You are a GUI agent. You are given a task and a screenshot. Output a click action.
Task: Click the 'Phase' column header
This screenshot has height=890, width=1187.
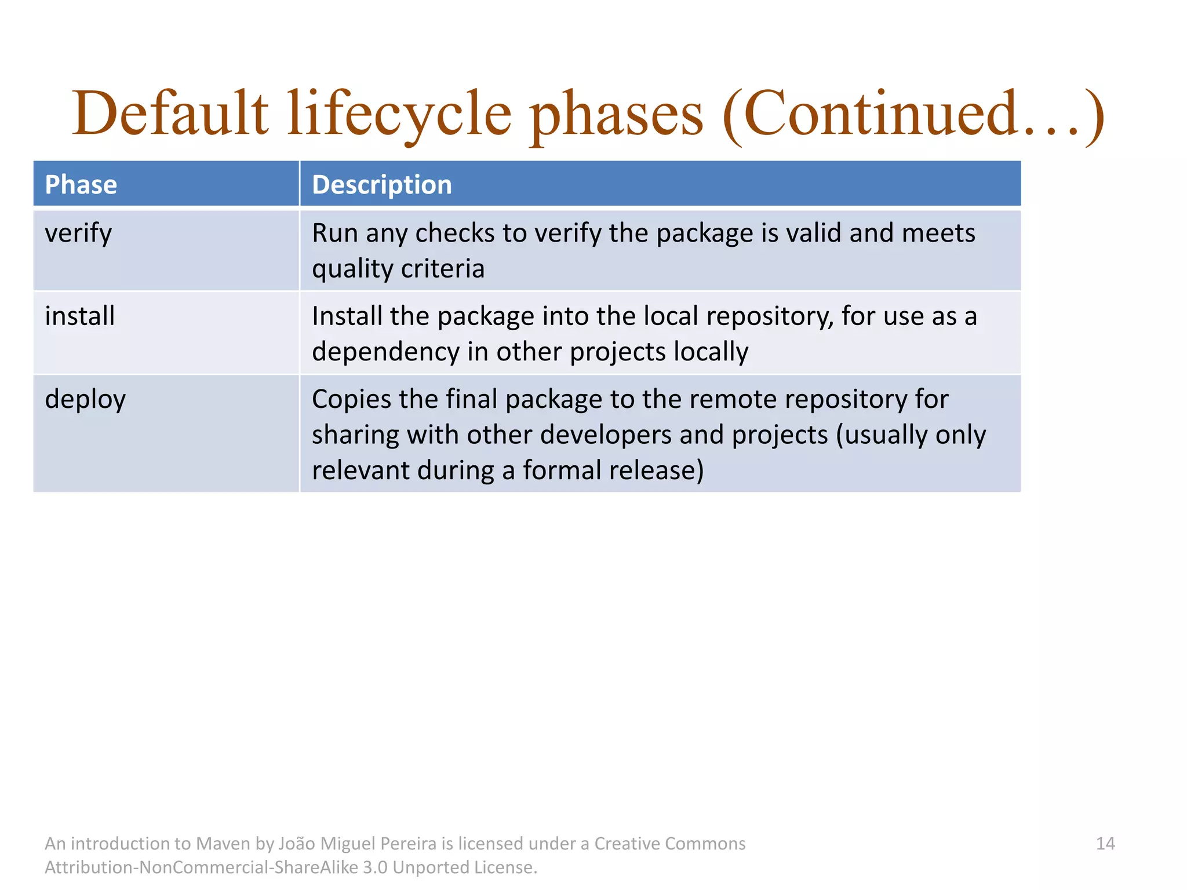tap(81, 185)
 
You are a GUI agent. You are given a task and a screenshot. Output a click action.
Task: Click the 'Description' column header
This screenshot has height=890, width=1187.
tap(381, 185)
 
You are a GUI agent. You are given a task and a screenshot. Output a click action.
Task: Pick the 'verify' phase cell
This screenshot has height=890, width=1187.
tap(78, 234)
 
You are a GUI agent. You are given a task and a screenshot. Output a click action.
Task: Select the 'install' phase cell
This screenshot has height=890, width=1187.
tap(80, 316)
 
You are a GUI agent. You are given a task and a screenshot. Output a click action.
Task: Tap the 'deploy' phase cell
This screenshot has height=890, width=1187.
tap(85, 400)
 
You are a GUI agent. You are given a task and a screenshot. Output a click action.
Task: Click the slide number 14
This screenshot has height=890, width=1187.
tap(1105, 844)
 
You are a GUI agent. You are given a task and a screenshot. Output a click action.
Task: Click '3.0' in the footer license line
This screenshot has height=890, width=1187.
tap(375, 867)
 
